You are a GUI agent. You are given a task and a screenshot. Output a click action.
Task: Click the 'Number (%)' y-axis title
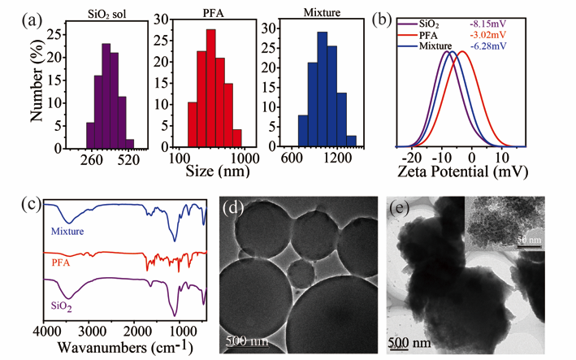37,80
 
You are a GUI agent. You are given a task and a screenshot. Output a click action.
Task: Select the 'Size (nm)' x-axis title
215,172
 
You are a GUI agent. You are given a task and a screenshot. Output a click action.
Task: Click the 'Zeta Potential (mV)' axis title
461,172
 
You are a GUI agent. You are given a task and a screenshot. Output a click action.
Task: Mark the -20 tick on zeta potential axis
412,157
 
